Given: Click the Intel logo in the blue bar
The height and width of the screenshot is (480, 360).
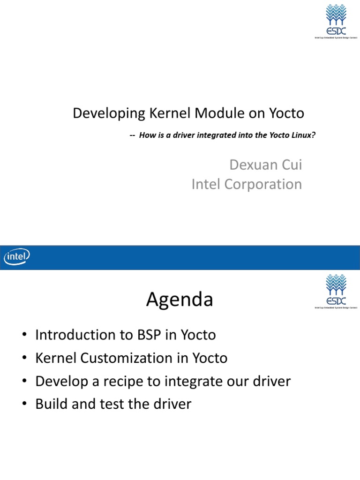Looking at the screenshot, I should click(x=17, y=257).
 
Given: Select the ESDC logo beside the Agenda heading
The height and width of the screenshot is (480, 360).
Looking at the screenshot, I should click(x=335, y=292).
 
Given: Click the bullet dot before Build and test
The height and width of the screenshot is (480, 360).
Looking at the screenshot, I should click(x=24, y=405).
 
